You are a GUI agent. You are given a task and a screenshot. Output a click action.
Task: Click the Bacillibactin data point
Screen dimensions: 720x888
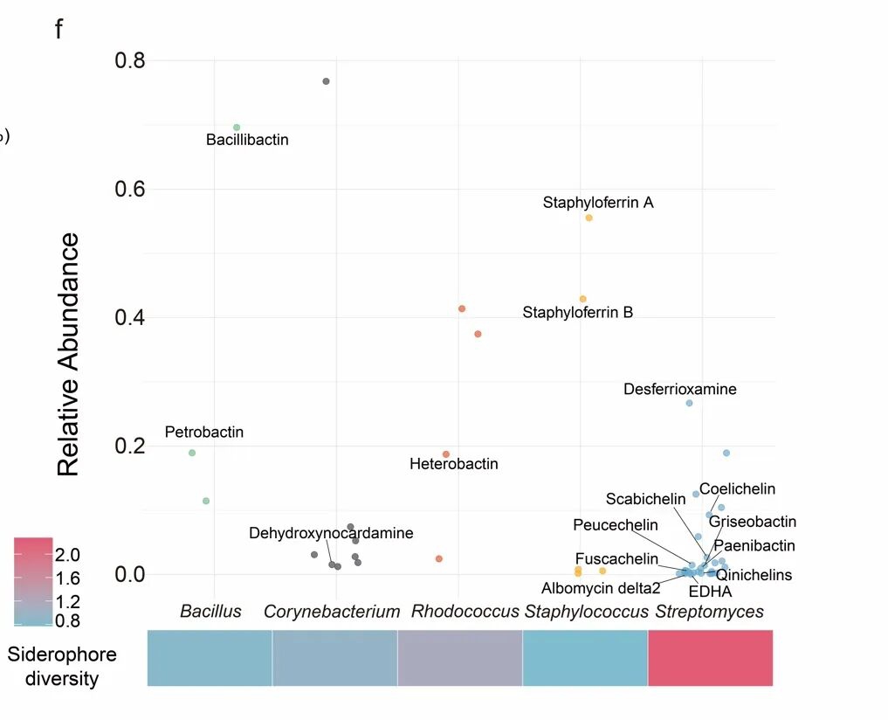(x=237, y=128)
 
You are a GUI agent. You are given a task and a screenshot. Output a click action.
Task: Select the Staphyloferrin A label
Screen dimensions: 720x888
(x=598, y=203)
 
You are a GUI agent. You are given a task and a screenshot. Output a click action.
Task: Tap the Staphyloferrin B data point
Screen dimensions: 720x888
(x=583, y=299)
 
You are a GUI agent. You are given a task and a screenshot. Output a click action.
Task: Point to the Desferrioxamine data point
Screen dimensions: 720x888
(x=689, y=403)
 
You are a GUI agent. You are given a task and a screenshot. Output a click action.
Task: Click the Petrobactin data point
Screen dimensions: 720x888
(x=192, y=453)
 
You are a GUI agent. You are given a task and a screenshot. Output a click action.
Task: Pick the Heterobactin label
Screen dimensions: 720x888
(x=454, y=464)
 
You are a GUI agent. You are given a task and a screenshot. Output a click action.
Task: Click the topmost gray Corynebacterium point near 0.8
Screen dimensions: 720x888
(x=326, y=81)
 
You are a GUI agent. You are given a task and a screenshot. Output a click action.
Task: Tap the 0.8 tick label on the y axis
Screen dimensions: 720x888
(x=128, y=61)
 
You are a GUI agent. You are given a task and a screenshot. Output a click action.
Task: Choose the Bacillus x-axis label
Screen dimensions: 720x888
(x=210, y=612)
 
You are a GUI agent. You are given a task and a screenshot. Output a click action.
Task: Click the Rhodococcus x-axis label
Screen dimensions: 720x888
(x=465, y=612)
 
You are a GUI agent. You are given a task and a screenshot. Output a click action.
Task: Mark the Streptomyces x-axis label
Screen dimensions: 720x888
(x=709, y=612)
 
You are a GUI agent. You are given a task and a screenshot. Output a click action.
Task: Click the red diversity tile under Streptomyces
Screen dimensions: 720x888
(x=710, y=658)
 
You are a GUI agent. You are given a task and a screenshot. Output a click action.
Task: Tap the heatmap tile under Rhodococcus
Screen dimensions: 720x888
(x=459, y=658)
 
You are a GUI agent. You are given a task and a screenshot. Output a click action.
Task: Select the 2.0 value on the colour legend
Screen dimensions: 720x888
(x=70, y=555)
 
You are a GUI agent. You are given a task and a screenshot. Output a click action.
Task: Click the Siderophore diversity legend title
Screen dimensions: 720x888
(x=62, y=667)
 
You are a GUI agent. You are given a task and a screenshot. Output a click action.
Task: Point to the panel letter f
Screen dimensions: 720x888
(x=59, y=30)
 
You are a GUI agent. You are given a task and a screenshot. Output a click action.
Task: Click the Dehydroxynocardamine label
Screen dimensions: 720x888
(x=331, y=533)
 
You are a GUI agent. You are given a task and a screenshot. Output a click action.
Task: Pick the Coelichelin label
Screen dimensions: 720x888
(x=737, y=489)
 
